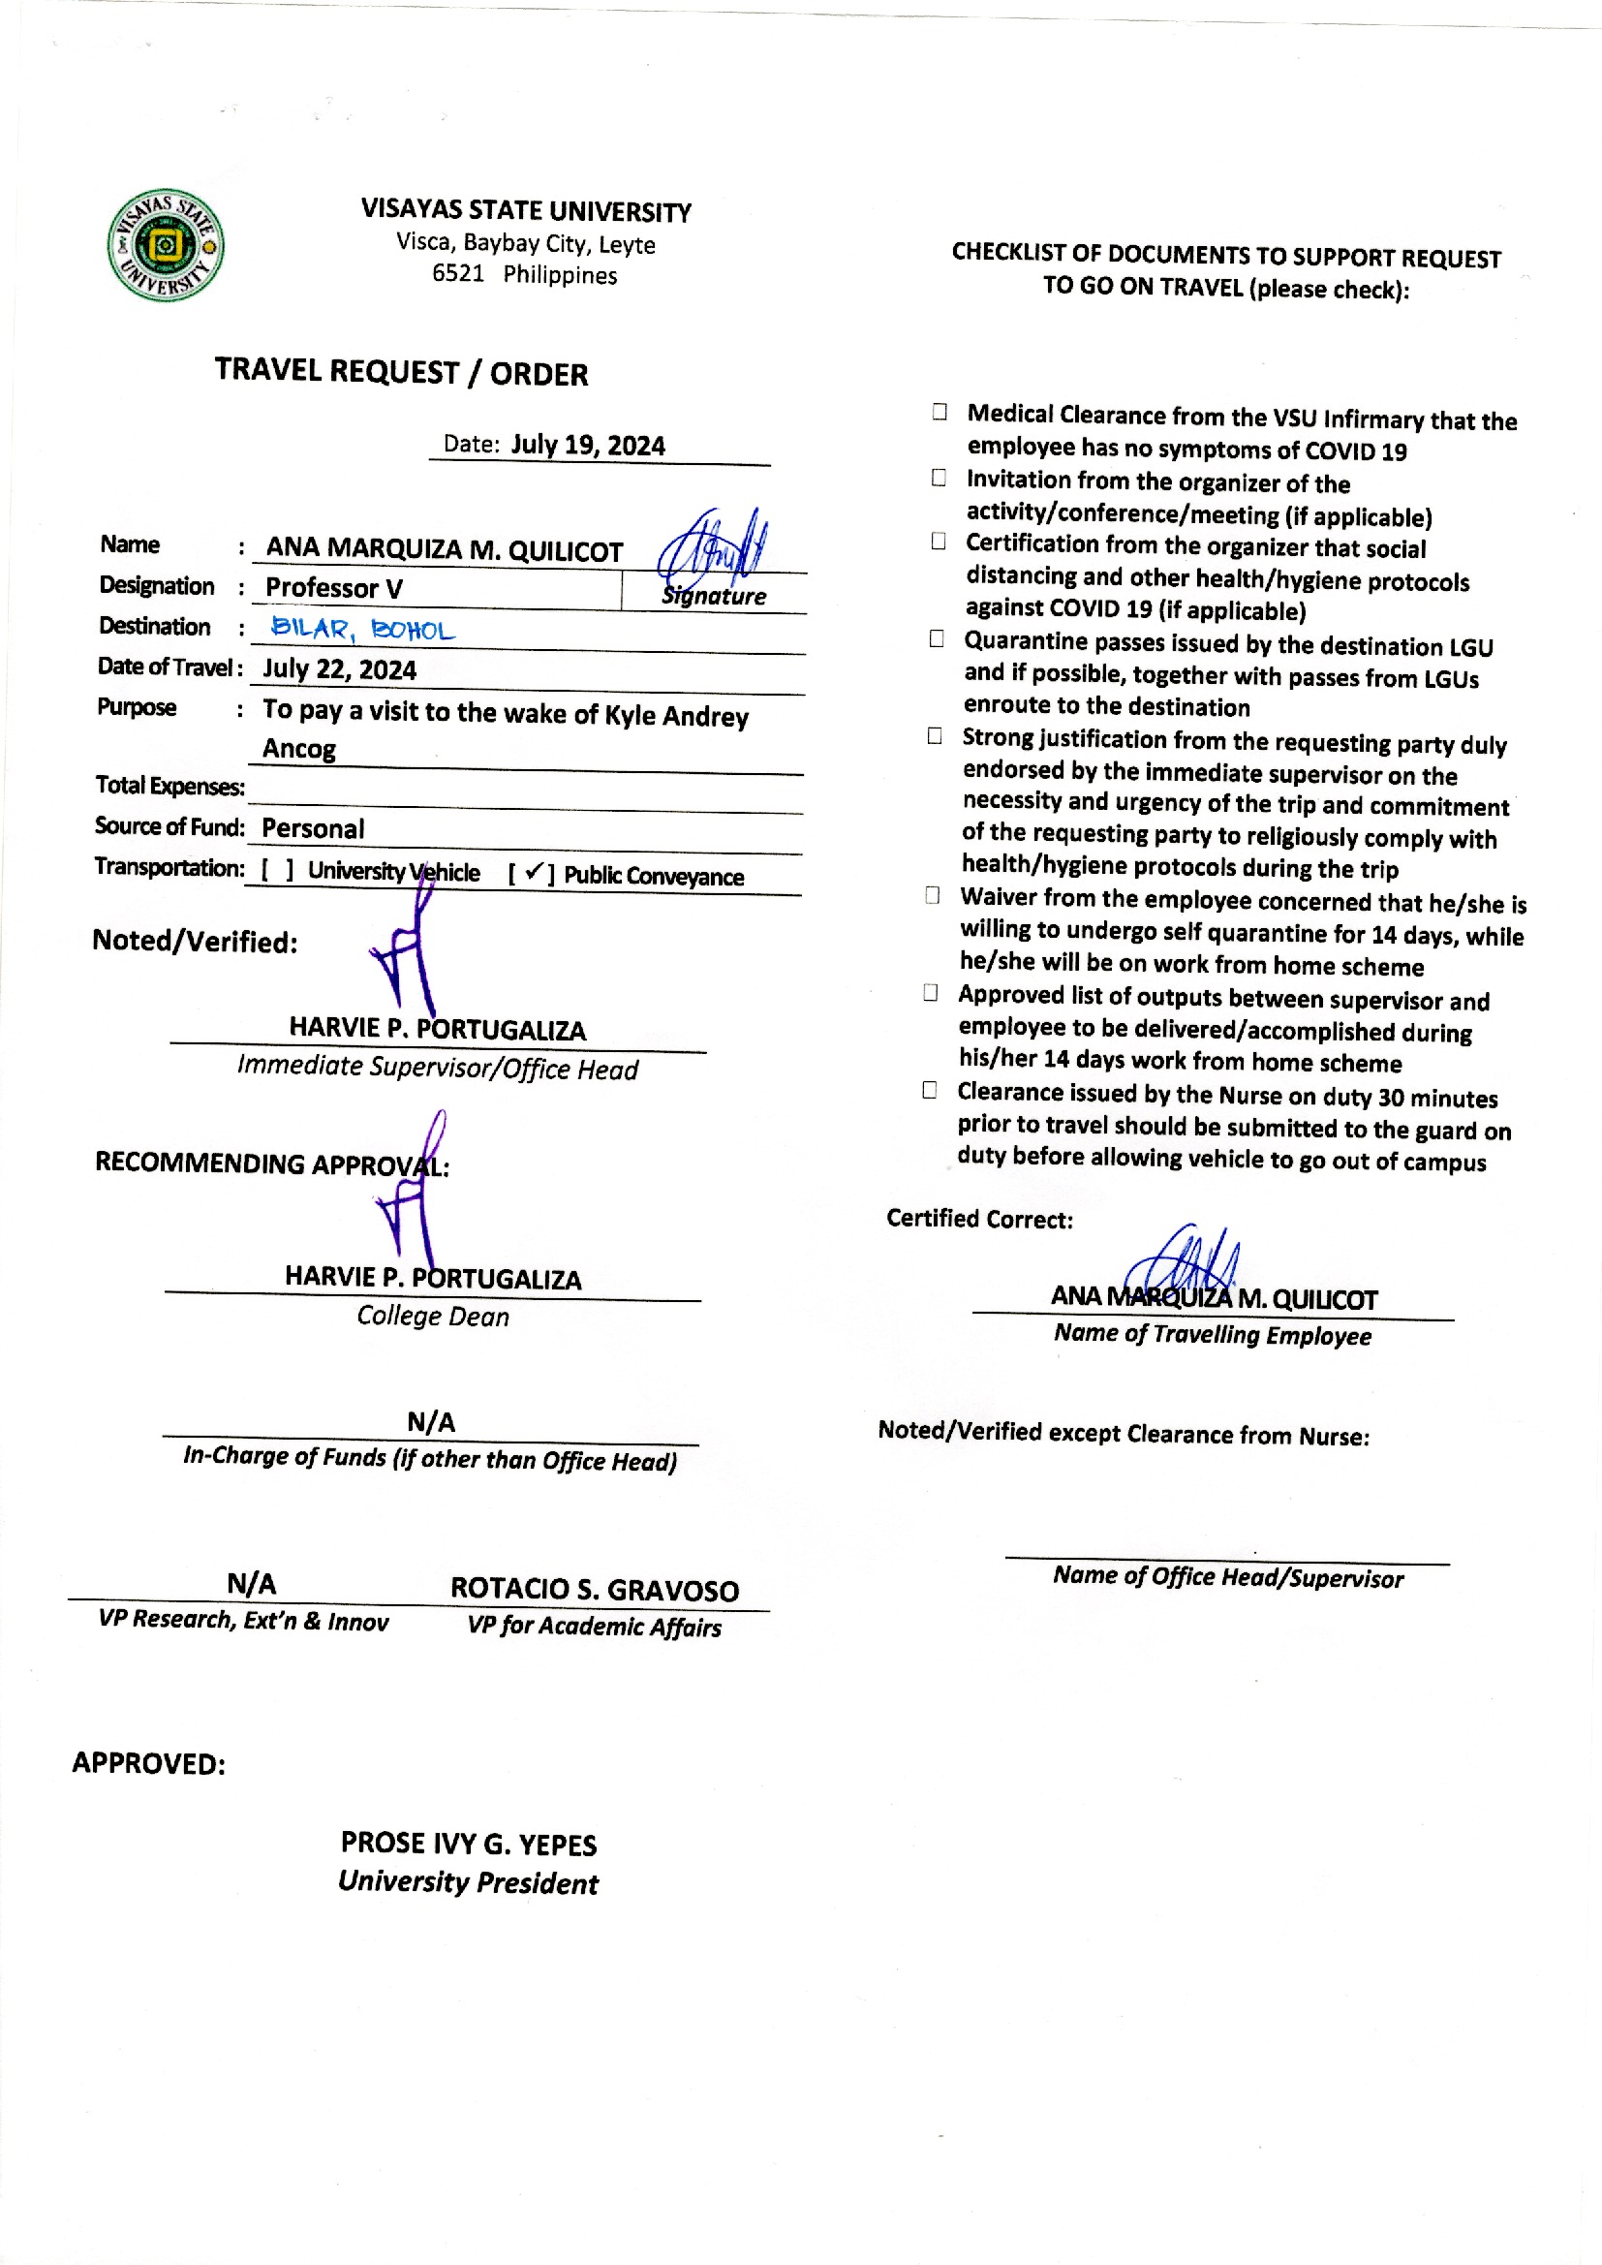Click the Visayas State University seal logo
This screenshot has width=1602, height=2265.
(x=166, y=245)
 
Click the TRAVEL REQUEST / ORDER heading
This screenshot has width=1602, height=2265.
(x=402, y=372)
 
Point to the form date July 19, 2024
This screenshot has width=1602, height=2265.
(x=588, y=445)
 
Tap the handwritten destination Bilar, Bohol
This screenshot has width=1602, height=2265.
(x=362, y=629)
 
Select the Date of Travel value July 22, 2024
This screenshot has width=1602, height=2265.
(x=339, y=669)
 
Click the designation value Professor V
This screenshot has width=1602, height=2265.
(x=334, y=588)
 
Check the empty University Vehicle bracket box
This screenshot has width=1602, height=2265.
(x=277, y=870)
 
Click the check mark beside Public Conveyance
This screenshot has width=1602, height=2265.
(x=533, y=872)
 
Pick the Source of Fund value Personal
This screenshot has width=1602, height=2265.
(x=313, y=828)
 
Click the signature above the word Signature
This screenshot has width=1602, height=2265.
(x=712, y=545)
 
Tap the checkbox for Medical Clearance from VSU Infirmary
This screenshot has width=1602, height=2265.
(x=940, y=413)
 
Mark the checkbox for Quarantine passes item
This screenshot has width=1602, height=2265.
(x=937, y=639)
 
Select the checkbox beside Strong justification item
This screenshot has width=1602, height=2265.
(x=934, y=736)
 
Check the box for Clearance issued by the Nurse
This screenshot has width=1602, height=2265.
(x=929, y=1089)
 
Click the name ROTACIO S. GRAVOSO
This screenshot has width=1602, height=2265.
(x=595, y=1589)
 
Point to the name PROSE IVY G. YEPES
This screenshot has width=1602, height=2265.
(x=469, y=1844)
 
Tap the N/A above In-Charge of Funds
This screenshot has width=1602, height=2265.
(x=431, y=1421)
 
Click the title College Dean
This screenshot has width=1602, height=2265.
(x=433, y=1316)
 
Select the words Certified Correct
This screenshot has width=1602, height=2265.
(x=979, y=1219)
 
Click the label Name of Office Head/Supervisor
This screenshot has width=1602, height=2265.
(x=1228, y=1577)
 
